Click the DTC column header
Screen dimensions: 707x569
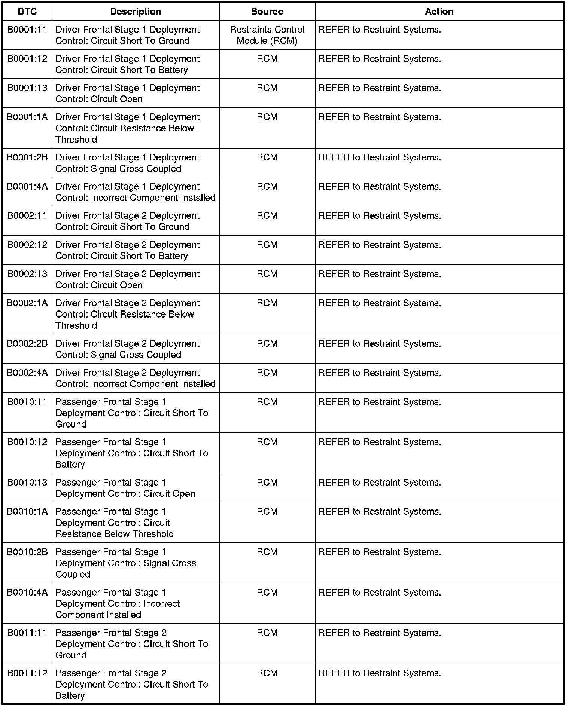(27, 12)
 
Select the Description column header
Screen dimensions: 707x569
(136, 12)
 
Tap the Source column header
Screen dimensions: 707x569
(267, 12)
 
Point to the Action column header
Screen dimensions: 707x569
(439, 12)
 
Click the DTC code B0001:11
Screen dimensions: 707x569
(27, 30)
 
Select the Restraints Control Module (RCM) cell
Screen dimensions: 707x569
(267, 35)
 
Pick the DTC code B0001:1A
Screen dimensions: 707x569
(27, 117)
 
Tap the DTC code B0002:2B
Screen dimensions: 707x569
(27, 344)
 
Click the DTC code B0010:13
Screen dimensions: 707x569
(27, 483)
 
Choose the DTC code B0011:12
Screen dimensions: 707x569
(27, 673)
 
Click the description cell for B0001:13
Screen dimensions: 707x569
(127, 94)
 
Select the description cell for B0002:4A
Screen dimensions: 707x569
(135, 378)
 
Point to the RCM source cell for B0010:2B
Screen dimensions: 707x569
(267, 552)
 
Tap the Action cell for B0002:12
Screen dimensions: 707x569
(380, 245)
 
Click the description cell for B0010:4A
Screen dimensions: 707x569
(118, 603)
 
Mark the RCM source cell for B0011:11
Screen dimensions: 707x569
(267, 633)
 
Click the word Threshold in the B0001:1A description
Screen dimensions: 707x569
(76, 140)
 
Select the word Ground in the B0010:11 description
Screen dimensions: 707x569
(71, 424)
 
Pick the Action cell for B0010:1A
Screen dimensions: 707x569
(380, 512)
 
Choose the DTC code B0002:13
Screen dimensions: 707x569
(27, 274)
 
